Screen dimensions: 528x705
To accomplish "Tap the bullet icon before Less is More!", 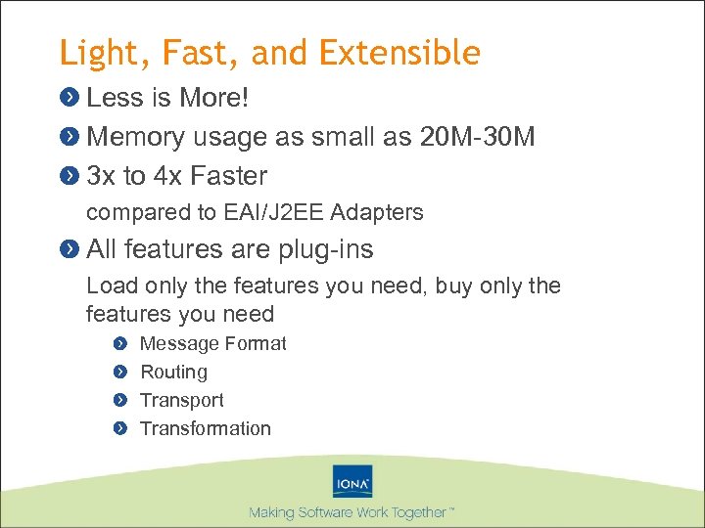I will click(69, 98).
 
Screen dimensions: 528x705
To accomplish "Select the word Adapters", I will click(378, 212).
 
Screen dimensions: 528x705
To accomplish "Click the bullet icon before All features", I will click(69, 249).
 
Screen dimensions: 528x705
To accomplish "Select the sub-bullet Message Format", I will click(212, 343).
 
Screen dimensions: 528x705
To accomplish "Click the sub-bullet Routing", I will click(173, 372).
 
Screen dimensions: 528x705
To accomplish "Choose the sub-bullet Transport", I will click(181, 400).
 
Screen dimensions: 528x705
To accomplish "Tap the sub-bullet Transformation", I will click(205, 428).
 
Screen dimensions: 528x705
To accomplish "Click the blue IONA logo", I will click(352, 482).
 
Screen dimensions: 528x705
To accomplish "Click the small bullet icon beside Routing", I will click(119, 372).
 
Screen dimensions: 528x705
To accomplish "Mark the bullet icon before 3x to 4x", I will click(69, 176).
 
